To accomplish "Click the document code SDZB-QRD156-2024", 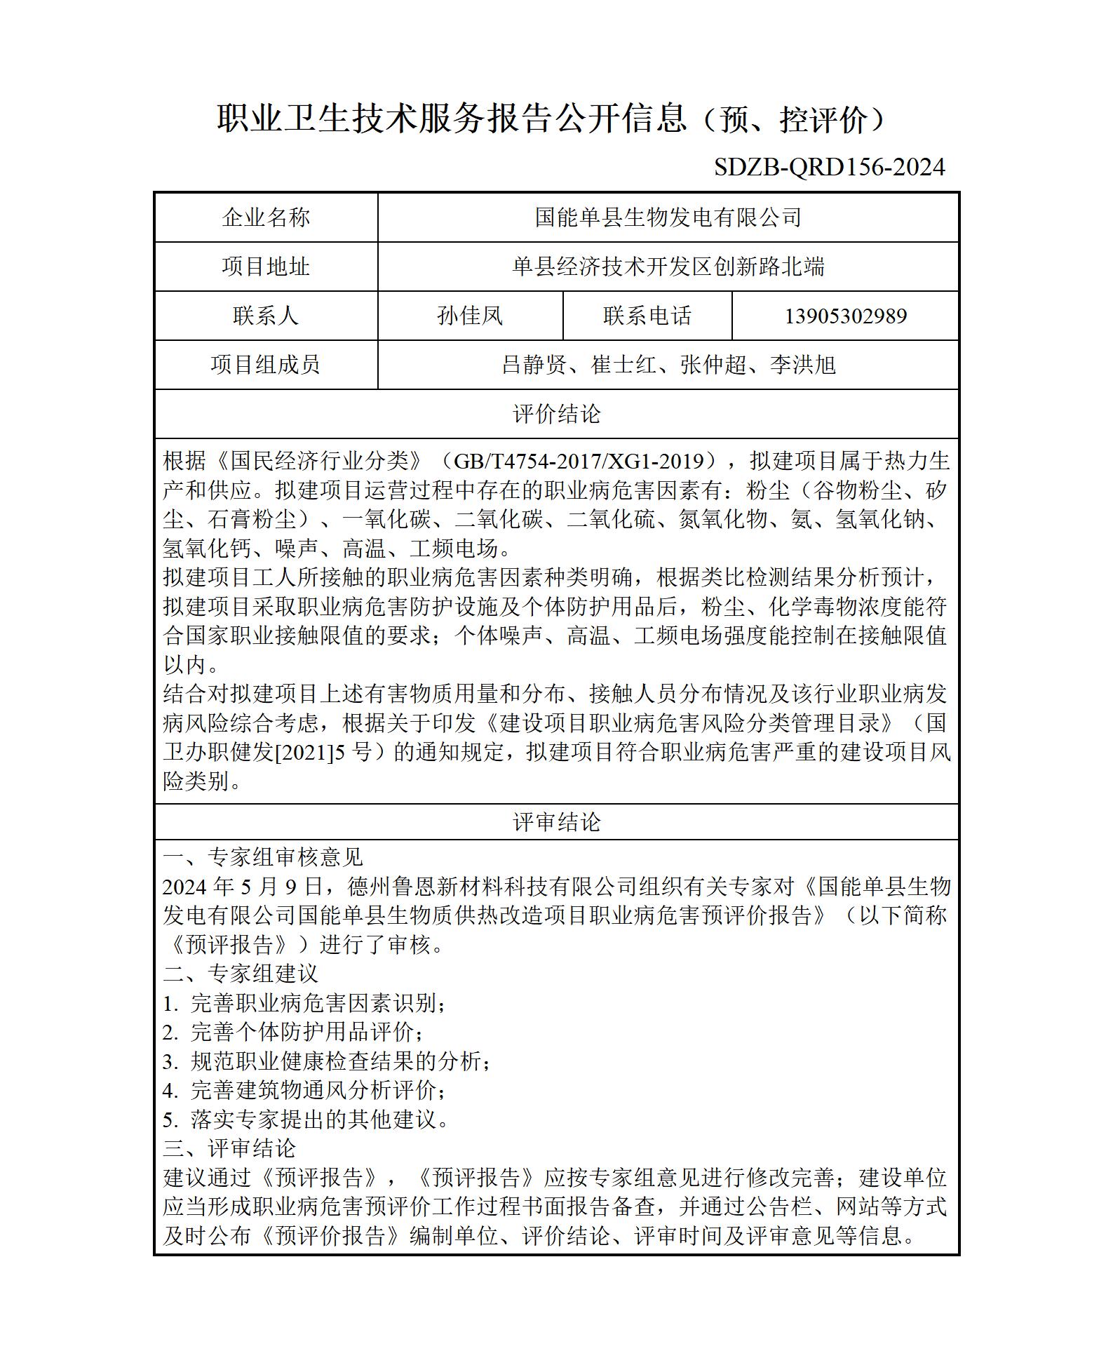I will click(x=829, y=167).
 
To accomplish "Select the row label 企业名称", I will click(x=266, y=217).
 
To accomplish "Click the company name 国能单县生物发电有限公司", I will click(x=668, y=217).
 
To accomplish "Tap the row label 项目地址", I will click(x=266, y=267).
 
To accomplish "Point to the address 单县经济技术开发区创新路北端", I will click(x=668, y=267).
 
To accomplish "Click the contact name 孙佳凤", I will click(x=470, y=316).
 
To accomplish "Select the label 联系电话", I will click(x=647, y=316).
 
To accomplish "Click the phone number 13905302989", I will click(x=845, y=316).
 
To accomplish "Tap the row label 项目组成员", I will click(x=266, y=365).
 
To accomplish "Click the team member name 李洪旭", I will click(x=802, y=365).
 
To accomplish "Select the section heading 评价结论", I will click(x=557, y=414).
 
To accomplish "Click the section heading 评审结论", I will click(x=557, y=822).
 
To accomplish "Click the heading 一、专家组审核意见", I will click(x=263, y=857).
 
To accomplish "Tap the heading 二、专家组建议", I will click(x=241, y=974).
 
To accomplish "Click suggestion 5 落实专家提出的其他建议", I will click(x=306, y=1120).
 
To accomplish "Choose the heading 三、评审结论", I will click(x=229, y=1149).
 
